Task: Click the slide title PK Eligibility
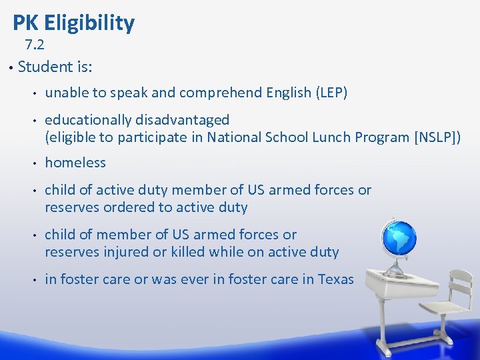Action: click(73, 23)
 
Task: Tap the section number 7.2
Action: click(35, 45)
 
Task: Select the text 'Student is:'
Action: click(55, 67)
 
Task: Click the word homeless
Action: click(75, 163)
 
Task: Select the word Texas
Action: click(336, 279)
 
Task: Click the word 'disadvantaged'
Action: click(183, 120)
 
